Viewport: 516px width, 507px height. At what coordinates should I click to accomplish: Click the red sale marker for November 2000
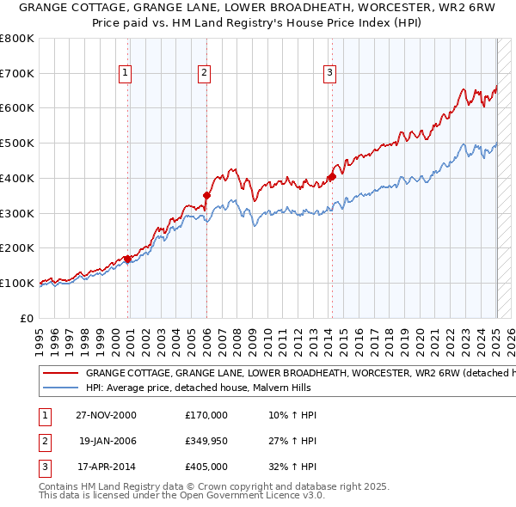pos(128,259)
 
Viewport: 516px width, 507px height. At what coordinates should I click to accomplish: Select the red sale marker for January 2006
pos(206,195)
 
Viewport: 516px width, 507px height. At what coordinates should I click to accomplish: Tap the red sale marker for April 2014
pos(331,177)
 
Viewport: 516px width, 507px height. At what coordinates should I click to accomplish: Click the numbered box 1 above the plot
pos(126,74)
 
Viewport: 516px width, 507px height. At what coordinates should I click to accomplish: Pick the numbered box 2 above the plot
pos(204,74)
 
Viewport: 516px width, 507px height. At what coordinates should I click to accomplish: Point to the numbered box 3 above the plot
pos(329,74)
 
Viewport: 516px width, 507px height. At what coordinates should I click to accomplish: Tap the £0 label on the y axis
pos(28,318)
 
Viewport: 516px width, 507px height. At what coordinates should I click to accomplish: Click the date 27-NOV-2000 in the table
pos(106,415)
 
